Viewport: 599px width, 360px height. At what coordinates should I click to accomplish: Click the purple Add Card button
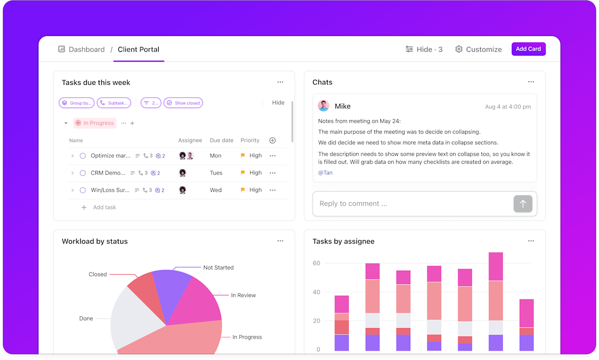click(528, 49)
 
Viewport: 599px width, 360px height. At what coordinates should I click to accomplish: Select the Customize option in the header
click(478, 49)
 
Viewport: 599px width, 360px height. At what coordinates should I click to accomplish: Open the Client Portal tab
click(138, 49)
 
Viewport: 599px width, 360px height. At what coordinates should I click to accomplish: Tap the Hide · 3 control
click(424, 49)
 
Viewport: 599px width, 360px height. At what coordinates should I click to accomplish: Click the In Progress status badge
click(95, 123)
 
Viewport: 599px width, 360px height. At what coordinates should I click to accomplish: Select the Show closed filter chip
click(183, 103)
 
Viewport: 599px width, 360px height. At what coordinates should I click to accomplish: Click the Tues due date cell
click(216, 173)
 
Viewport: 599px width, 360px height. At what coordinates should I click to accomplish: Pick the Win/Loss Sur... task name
click(110, 190)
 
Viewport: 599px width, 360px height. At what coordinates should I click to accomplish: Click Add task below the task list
click(104, 207)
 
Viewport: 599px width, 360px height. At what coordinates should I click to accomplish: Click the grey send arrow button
click(523, 204)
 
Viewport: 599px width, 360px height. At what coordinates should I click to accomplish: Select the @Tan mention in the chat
click(325, 173)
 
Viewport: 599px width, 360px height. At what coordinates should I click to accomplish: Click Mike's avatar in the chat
click(324, 106)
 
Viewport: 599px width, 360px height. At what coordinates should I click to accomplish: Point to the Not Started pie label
click(218, 268)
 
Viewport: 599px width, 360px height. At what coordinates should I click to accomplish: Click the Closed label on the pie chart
click(98, 274)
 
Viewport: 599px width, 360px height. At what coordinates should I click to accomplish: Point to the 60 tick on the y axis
click(316, 263)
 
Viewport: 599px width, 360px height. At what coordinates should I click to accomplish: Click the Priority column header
click(250, 141)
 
